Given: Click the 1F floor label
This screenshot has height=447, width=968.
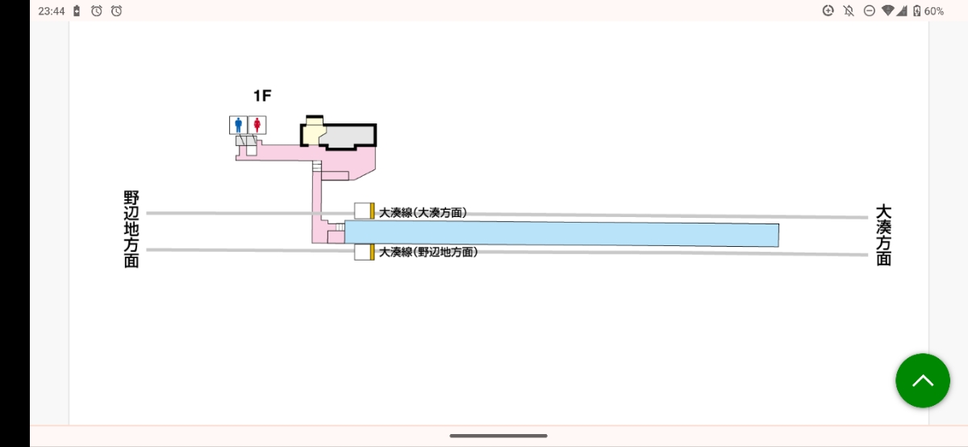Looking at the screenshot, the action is pyautogui.click(x=262, y=95).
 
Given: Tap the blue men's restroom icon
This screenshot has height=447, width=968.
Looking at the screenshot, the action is pyautogui.click(x=238, y=125).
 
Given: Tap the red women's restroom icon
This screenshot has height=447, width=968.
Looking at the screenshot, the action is pyautogui.click(x=257, y=125).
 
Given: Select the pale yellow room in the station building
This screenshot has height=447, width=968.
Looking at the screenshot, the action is pyautogui.click(x=313, y=133).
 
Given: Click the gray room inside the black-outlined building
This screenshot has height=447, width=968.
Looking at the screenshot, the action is pyautogui.click(x=347, y=136).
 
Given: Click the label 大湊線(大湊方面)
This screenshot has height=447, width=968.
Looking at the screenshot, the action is pyautogui.click(x=423, y=213).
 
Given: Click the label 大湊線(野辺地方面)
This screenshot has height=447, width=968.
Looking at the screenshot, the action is pyautogui.click(x=428, y=252).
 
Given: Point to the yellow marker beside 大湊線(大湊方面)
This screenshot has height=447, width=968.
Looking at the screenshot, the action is pyautogui.click(x=372, y=211).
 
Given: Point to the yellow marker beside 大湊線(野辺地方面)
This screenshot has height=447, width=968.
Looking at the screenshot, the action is pyautogui.click(x=372, y=252).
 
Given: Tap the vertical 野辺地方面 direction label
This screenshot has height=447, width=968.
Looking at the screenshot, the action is pyautogui.click(x=131, y=230).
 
